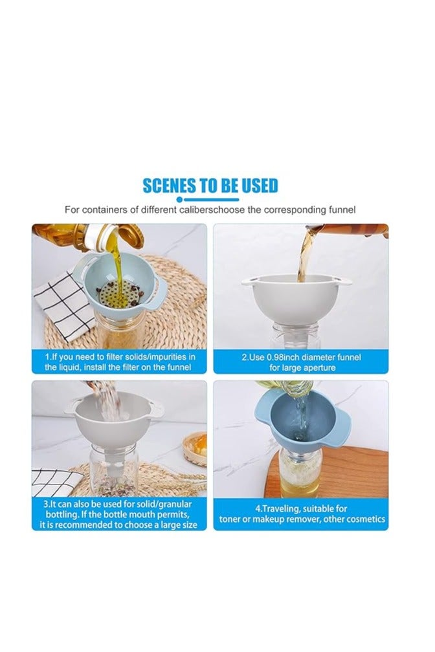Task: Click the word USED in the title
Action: point(256,186)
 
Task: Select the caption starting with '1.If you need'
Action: point(120,362)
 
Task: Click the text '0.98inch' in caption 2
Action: point(277,357)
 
